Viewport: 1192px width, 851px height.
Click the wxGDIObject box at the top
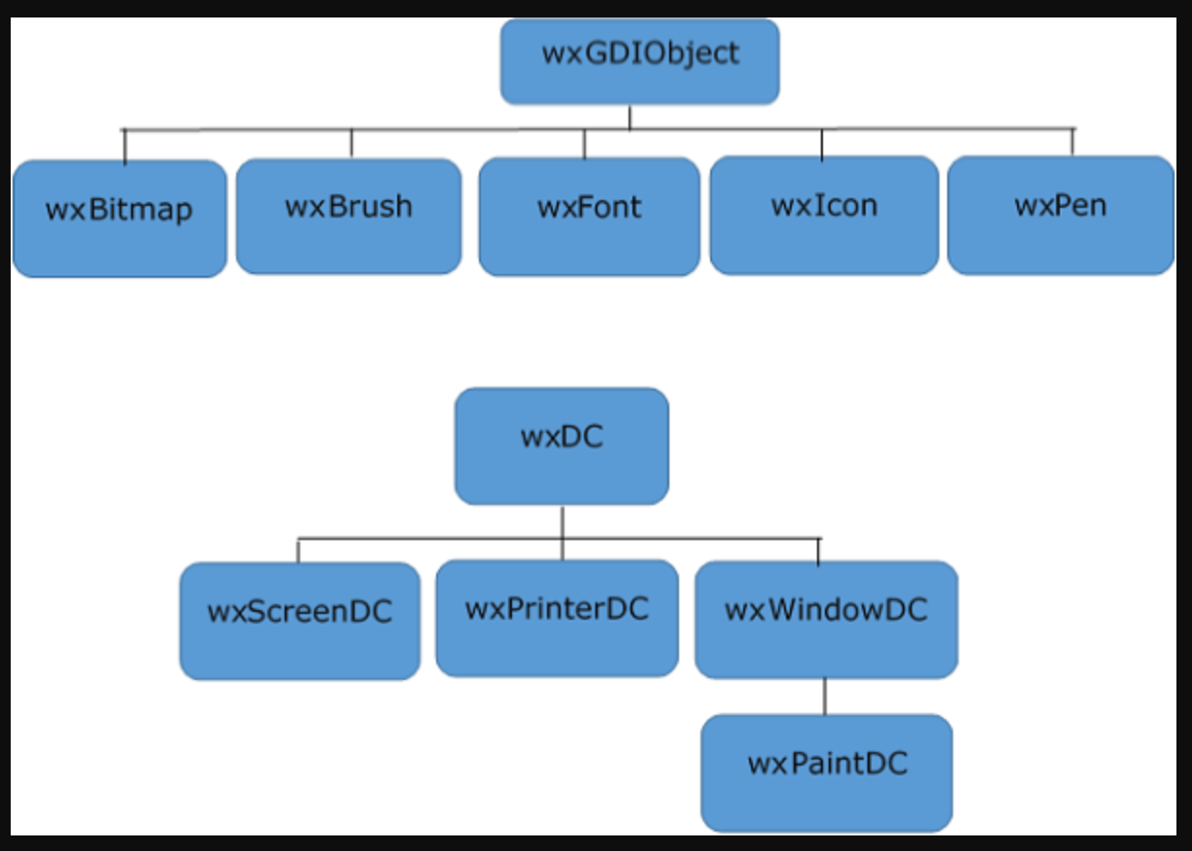point(639,60)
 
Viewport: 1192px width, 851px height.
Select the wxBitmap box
point(119,219)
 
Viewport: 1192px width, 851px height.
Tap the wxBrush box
point(349,216)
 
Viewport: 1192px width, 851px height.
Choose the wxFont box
point(589,217)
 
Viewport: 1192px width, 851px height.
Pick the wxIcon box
point(824,215)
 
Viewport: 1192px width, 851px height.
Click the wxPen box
point(1060,215)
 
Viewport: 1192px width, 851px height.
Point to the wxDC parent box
point(562,446)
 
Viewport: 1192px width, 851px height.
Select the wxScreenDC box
point(299,621)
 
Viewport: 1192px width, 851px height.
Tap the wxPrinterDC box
point(557,618)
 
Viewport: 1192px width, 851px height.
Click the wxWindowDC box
point(826,619)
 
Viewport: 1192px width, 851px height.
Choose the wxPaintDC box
point(826,772)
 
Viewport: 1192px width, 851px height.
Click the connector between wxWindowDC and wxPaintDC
point(825,697)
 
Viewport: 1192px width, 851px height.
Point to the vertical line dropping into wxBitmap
point(125,146)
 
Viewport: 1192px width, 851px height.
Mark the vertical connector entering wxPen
point(1073,142)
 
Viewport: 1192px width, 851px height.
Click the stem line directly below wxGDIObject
point(630,117)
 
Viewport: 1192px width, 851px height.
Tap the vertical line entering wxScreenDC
point(298,550)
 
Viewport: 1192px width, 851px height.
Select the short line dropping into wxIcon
point(822,144)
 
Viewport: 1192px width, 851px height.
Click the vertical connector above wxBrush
point(352,143)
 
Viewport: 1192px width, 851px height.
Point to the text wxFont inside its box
point(589,207)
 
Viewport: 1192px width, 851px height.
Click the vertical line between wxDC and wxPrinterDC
point(562,532)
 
